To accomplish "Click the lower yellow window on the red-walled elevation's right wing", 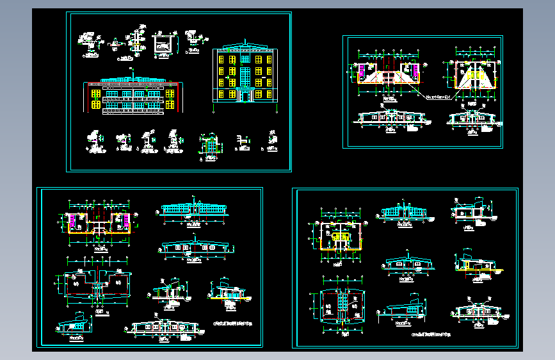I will pos(170,103).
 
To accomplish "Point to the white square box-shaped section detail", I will pos(163,43).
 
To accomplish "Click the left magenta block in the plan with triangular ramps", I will pos(363,69).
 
